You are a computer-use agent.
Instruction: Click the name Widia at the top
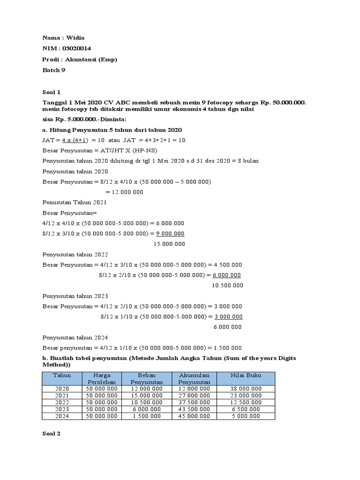click(x=76, y=38)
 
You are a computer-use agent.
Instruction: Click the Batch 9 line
click(x=54, y=70)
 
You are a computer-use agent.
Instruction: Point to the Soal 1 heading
click(x=52, y=92)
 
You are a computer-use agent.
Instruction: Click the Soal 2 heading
click(x=52, y=434)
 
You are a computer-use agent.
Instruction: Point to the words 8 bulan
click(x=248, y=161)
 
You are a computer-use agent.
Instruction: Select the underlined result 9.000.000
click(x=169, y=233)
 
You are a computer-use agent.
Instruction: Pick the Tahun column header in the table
click(x=61, y=375)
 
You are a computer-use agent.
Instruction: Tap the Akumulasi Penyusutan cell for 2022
click(x=194, y=402)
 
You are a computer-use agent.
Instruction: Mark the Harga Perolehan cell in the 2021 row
click(x=102, y=396)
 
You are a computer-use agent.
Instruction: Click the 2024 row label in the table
click(x=61, y=416)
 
